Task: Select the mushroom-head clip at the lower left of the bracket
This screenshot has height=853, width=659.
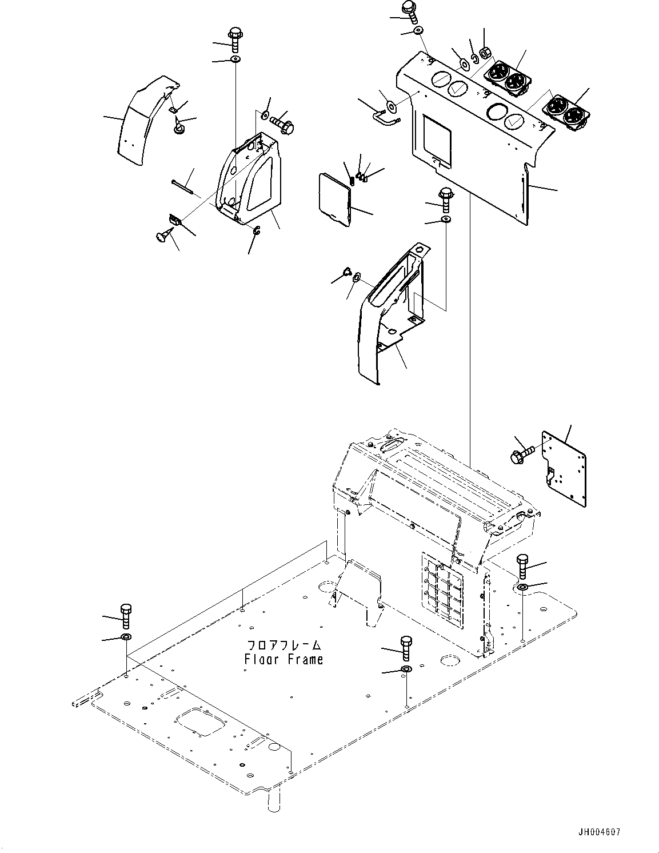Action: pos(162,234)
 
